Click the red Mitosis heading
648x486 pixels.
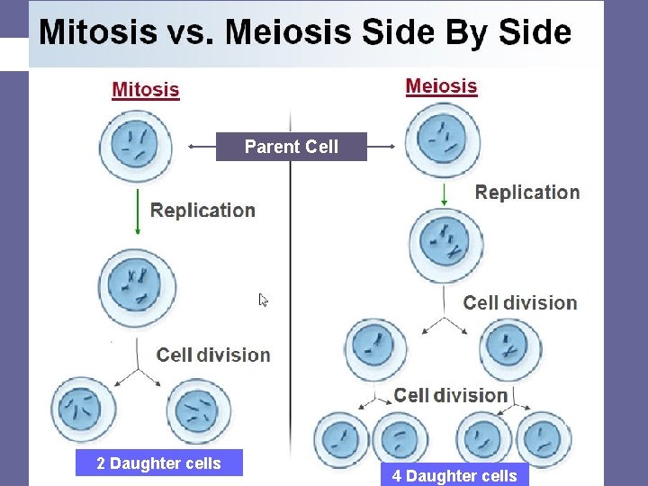pos(145,90)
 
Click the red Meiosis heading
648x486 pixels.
pos(441,86)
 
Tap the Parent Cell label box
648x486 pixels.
pos(291,147)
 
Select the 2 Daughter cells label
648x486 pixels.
pos(158,463)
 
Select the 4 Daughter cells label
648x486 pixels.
pos(454,476)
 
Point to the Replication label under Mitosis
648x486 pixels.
pos(202,211)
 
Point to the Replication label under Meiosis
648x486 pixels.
pos(526,193)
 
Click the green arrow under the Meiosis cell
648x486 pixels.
pos(445,193)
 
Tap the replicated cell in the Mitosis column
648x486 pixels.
pos(136,288)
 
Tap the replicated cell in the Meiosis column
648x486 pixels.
pos(445,244)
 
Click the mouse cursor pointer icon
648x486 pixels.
pos(264,301)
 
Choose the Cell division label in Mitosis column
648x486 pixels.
pos(213,355)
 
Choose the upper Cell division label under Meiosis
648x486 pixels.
pos(520,303)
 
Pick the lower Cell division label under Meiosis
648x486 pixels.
pos(451,396)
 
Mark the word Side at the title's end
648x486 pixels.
pos(534,32)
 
